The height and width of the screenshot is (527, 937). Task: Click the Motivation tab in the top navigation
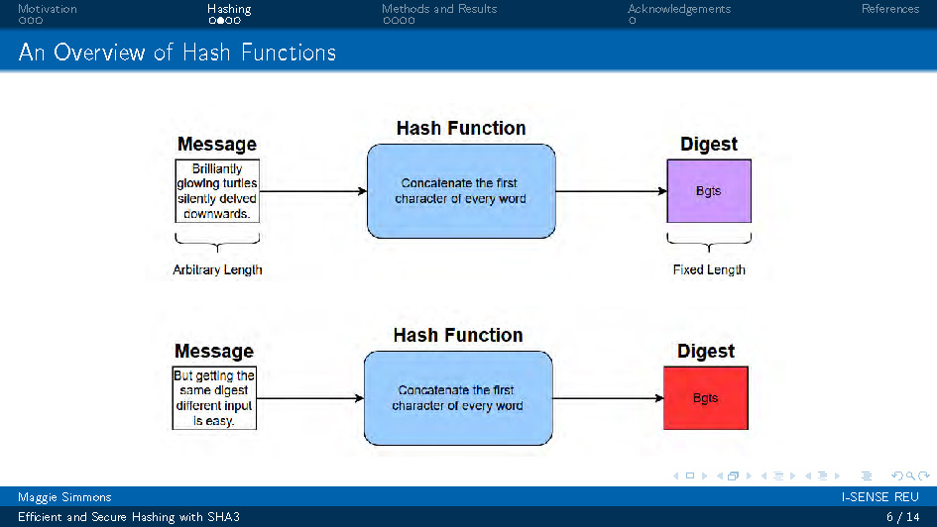point(47,9)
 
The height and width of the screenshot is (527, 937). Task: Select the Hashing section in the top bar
point(229,9)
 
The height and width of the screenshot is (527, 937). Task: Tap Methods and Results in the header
point(439,9)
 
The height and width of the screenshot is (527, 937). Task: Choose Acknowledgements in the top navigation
point(679,9)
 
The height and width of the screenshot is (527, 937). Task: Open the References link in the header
point(889,9)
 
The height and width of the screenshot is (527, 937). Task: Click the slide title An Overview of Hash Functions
point(177,53)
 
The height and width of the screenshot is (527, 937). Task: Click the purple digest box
point(708,191)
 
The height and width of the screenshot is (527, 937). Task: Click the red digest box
point(705,398)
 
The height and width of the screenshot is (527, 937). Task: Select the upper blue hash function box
point(460,191)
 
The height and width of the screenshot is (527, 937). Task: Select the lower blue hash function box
point(457,398)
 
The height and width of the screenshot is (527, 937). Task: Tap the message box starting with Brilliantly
point(216,191)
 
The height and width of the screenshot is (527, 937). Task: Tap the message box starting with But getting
point(214,398)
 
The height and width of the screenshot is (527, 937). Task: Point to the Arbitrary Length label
point(217,269)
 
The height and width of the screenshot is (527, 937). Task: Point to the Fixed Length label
point(708,269)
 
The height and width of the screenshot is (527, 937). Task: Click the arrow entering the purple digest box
point(611,191)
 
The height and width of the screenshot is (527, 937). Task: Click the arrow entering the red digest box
point(608,398)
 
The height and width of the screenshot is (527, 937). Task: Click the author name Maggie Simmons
point(64,497)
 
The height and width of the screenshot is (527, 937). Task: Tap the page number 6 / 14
point(901,517)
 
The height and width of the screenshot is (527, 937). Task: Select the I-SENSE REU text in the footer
point(880,497)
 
